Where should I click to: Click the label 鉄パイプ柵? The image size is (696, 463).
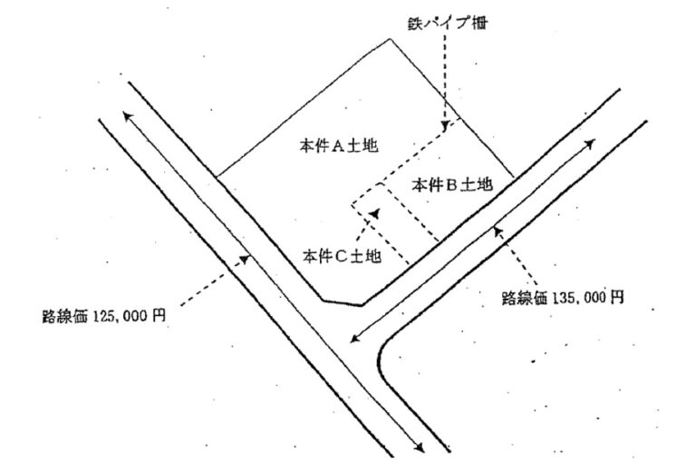point(448,23)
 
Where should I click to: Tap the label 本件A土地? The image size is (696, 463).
point(339,145)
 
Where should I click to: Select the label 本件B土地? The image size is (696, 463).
point(452,184)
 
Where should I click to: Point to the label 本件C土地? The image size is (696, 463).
point(342,256)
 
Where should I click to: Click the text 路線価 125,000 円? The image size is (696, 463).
point(104,316)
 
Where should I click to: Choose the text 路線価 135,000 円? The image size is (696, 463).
point(563,298)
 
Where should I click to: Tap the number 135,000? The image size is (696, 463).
point(577,298)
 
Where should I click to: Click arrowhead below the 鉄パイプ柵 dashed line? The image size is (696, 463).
point(444,125)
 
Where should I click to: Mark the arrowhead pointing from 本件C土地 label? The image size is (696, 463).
point(375,213)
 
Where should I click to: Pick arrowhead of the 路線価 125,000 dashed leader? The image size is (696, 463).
point(245,259)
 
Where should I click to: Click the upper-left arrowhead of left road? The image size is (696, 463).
point(128,116)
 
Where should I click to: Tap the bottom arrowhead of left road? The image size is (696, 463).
point(419,448)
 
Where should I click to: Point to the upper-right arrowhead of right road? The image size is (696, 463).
point(589,143)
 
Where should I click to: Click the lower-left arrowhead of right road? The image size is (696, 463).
point(354,338)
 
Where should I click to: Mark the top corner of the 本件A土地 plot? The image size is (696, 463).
point(390,39)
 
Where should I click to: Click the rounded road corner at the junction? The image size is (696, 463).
point(381,356)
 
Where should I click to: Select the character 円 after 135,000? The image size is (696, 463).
point(616,298)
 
